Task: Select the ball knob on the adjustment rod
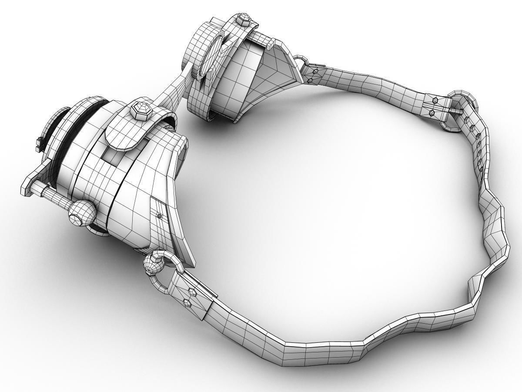click(x=82, y=213)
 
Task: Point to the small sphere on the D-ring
click(x=153, y=264)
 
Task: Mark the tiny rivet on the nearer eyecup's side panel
click(x=159, y=215)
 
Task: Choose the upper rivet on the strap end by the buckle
click(x=435, y=100)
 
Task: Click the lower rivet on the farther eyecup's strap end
click(x=310, y=81)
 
